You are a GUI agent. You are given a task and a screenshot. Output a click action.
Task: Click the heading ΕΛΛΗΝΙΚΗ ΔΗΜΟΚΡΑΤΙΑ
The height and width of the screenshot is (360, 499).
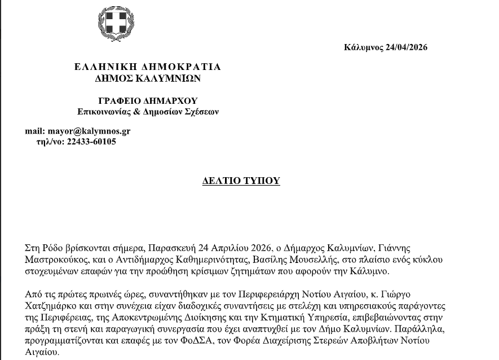point(148,67)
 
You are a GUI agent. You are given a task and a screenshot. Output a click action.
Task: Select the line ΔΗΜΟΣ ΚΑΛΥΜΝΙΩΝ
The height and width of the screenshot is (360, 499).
point(147,78)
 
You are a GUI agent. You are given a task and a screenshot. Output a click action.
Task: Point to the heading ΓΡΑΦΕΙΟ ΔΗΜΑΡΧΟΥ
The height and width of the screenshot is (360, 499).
point(148,100)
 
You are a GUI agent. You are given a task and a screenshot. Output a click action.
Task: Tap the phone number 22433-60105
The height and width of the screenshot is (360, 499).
point(91,142)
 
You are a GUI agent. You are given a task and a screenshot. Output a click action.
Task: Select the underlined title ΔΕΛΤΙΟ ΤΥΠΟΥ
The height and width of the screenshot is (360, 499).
point(241,181)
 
